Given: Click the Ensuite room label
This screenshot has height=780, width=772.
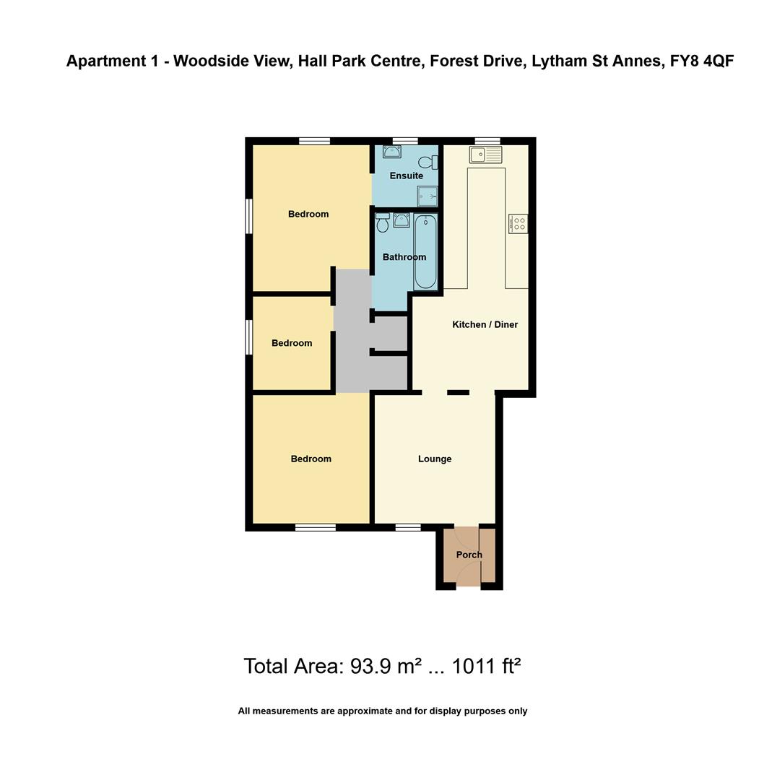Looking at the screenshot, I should pos(406,175).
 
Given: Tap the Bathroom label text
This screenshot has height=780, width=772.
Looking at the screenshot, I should pos(404,257).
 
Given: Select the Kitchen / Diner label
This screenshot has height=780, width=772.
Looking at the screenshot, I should pos(485,324).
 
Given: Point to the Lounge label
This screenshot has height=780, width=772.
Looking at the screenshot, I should pos(435,459).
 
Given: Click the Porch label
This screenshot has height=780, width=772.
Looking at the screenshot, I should pos(469,555).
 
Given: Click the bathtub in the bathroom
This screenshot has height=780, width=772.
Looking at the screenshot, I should pos(425,251).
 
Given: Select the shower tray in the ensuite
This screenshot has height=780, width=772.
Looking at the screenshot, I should pos(428,196).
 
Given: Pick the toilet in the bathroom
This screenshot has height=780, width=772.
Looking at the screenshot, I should pos(383,223).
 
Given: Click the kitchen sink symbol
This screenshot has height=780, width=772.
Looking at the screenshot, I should pos(485,155).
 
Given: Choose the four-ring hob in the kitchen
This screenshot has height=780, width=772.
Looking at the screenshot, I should pos(518,224).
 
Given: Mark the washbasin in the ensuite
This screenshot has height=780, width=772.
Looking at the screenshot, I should pos(392,152).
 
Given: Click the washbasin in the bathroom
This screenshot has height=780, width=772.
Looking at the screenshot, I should pos(402,220).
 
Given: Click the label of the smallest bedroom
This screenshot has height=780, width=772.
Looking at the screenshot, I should pos(292,343).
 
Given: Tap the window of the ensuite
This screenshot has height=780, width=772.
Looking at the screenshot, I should pos(405,141).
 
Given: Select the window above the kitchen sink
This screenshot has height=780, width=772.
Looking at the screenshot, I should pos(487,141).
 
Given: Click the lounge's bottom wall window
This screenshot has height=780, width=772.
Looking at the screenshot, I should pos(408,527).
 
